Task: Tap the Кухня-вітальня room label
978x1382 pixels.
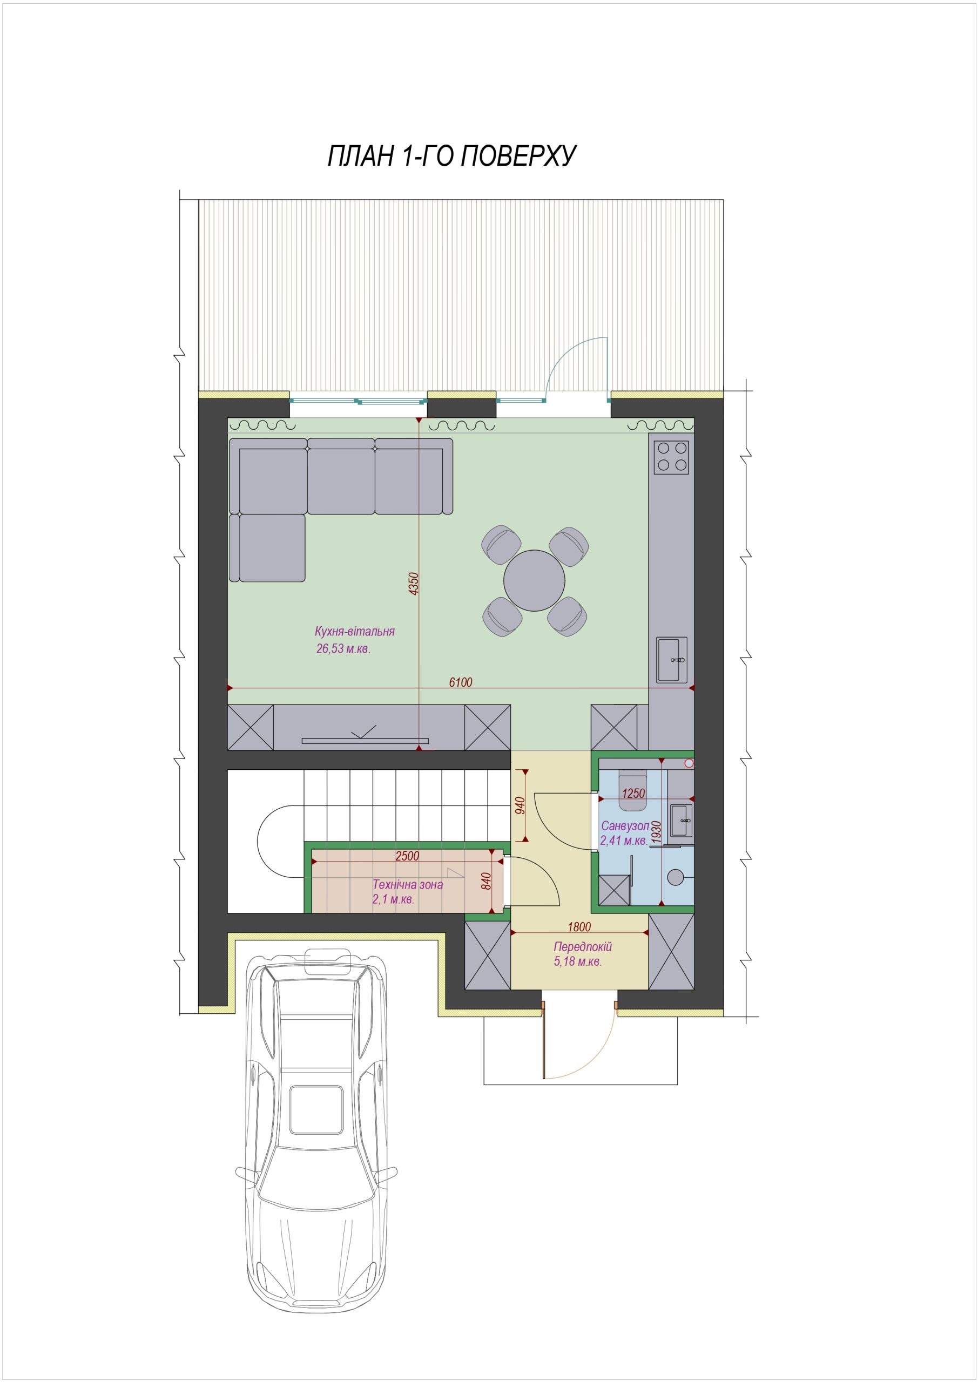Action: [x=355, y=632]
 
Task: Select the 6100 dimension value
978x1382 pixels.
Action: [x=461, y=682]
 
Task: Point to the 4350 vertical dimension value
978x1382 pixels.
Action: [x=413, y=584]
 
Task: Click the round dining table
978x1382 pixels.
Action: [x=534, y=580]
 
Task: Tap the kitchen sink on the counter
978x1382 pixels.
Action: [x=673, y=660]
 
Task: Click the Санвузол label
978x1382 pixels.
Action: [x=624, y=827]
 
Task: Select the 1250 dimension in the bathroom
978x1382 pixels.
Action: [x=633, y=794]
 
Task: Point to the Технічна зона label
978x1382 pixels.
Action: [x=408, y=885]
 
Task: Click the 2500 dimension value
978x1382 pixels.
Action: [x=407, y=857]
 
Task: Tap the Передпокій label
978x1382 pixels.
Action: [x=582, y=947]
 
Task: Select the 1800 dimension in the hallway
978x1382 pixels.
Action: [x=579, y=927]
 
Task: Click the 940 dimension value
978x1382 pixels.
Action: [x=521, y=805]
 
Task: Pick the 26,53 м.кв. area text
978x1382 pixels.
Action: [x=343, y=649]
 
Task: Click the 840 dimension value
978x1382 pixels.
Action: [x=487, y=880]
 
